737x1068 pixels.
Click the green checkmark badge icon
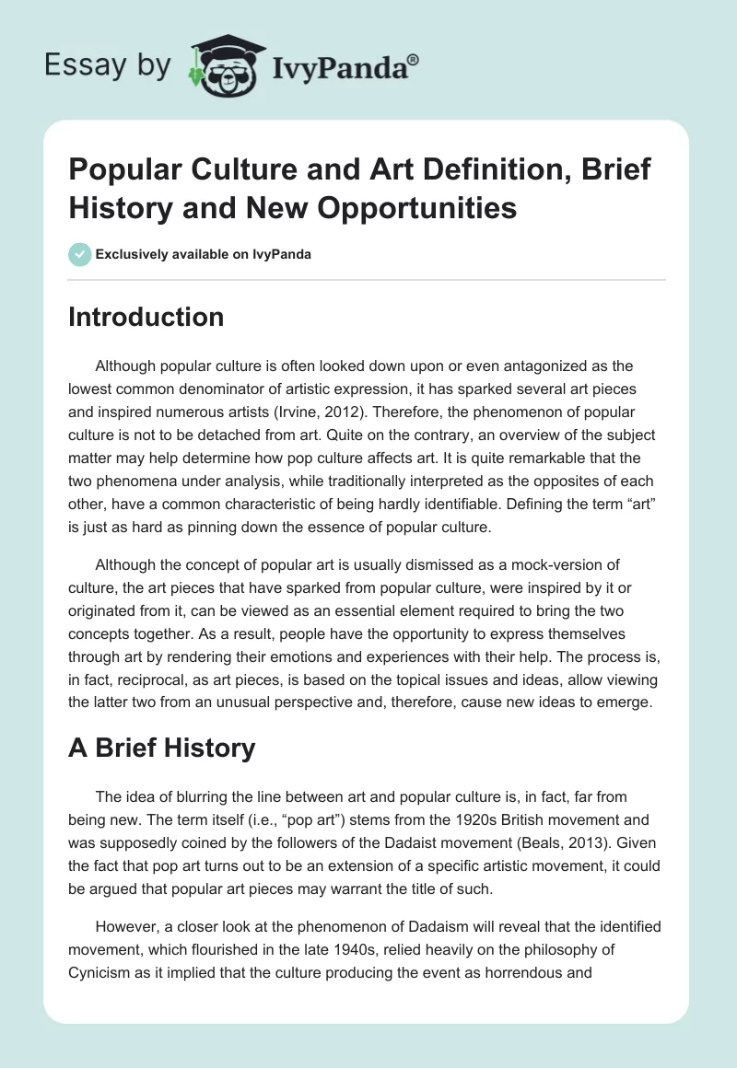79,254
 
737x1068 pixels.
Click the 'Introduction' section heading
146,317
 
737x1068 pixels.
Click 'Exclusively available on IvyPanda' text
203,254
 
